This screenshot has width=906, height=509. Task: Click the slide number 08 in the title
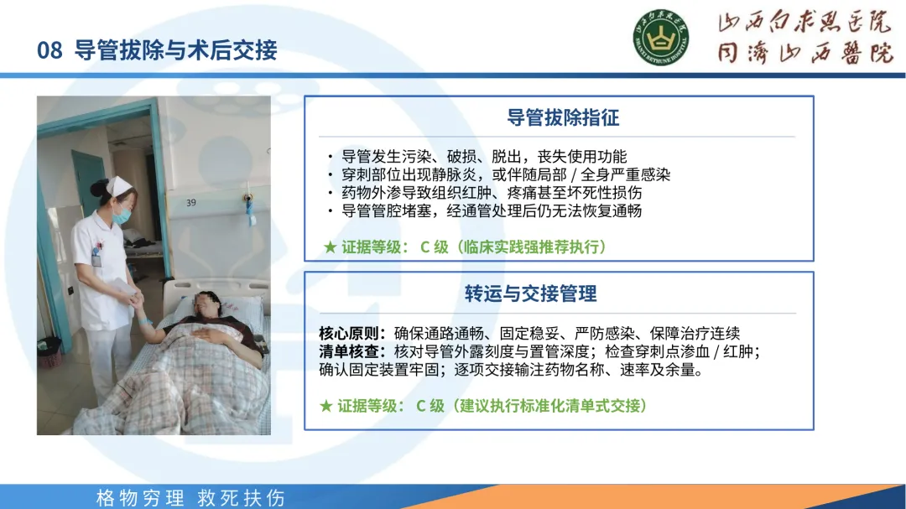point(49,50)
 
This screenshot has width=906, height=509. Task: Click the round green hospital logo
point(660,38)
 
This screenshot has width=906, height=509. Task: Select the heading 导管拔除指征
point(563,118)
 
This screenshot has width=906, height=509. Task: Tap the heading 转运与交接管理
point(530,293)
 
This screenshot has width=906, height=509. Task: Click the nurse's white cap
point(118,186)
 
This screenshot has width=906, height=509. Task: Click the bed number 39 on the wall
point(191,203)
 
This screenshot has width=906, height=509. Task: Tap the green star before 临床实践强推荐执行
point(330,247)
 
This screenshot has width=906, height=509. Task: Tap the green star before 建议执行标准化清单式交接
point(325,406)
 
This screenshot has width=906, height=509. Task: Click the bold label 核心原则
point(351,334)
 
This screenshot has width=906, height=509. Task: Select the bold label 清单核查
point(351,351)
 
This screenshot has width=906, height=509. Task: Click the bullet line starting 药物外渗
point(491,192)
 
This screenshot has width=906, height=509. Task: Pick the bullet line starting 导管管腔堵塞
point(491,210)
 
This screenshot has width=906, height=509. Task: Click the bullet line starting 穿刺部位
point(506,174)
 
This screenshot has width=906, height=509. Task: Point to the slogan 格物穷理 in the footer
point(140,498)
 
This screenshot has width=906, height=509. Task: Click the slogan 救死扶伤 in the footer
point(242,498)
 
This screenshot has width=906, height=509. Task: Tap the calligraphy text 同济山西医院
point(805,53)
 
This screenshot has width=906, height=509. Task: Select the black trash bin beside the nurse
point(49,351)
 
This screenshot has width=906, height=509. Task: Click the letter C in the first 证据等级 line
point(424,247)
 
